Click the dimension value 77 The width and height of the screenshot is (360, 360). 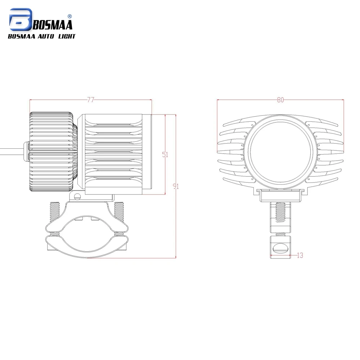[x=90, y=100]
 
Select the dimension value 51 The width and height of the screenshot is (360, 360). [x=165, y=154]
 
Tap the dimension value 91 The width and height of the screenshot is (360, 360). [x=176, y=186]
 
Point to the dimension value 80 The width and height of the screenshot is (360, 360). [x=280, y=100]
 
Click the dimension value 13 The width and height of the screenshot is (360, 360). [x=300, y=255]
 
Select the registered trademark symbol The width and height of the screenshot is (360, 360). [x=70, y=16]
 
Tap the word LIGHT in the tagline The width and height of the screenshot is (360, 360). [x=67, y=36]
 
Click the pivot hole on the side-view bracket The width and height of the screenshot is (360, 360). [x=77, y=196]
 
